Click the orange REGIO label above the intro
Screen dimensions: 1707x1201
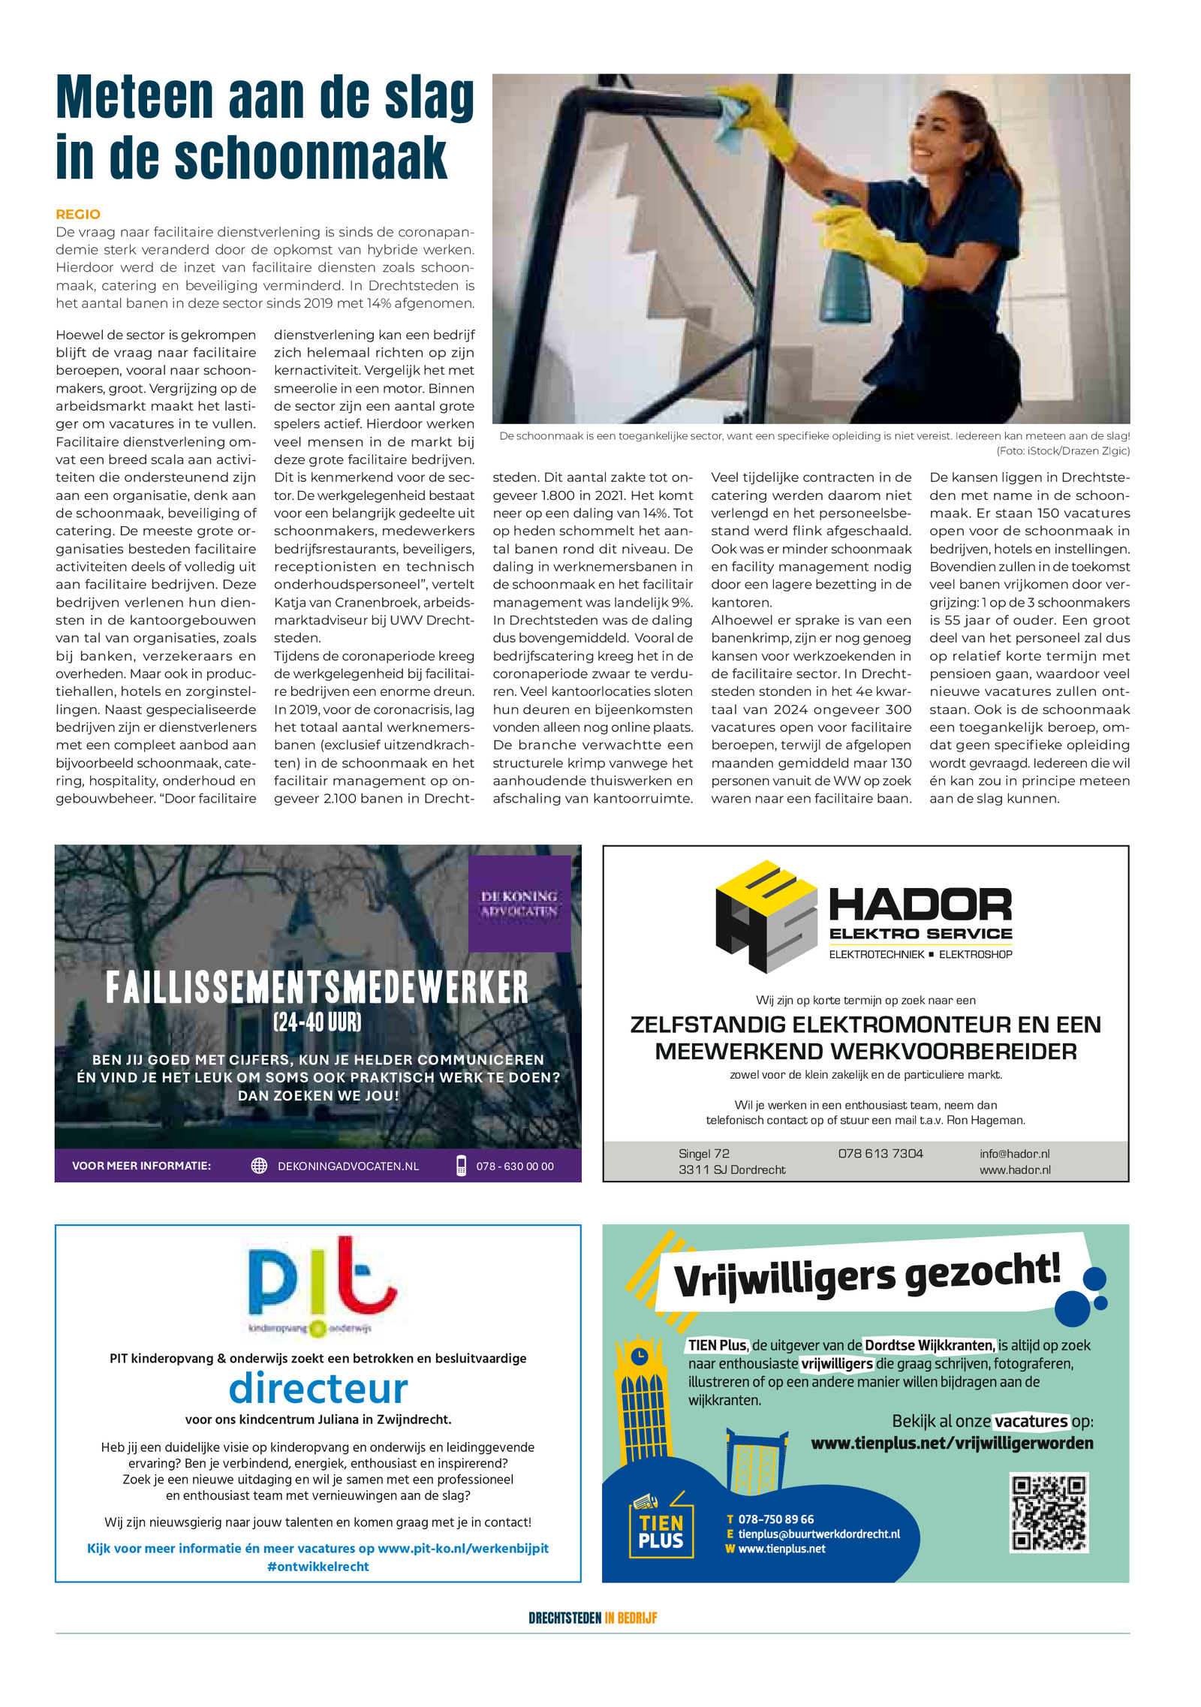[78, 214]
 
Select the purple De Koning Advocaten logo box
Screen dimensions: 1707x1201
[519, 904]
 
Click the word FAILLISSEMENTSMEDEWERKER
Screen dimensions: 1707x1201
[317, 987]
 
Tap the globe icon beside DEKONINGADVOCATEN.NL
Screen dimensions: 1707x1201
[259, 1165]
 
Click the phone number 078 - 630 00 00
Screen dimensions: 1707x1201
[514, 1166]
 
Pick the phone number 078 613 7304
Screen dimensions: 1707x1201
[880, 1153]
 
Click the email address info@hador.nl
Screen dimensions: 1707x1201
[1014, 1153]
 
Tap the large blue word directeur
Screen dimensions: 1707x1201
[318, 1388]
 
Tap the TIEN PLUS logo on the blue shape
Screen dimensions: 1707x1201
[661, 1531]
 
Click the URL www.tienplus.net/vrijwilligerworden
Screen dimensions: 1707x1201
[952, 1443]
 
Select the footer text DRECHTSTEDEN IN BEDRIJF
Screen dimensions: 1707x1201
[592, 1618]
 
